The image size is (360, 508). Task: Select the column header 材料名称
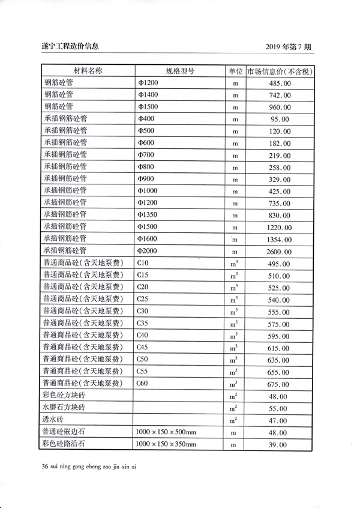[88, 71]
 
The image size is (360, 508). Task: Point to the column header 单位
[235, 71]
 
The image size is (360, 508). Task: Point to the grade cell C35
[143, 322]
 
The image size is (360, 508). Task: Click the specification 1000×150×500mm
[166, 432]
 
